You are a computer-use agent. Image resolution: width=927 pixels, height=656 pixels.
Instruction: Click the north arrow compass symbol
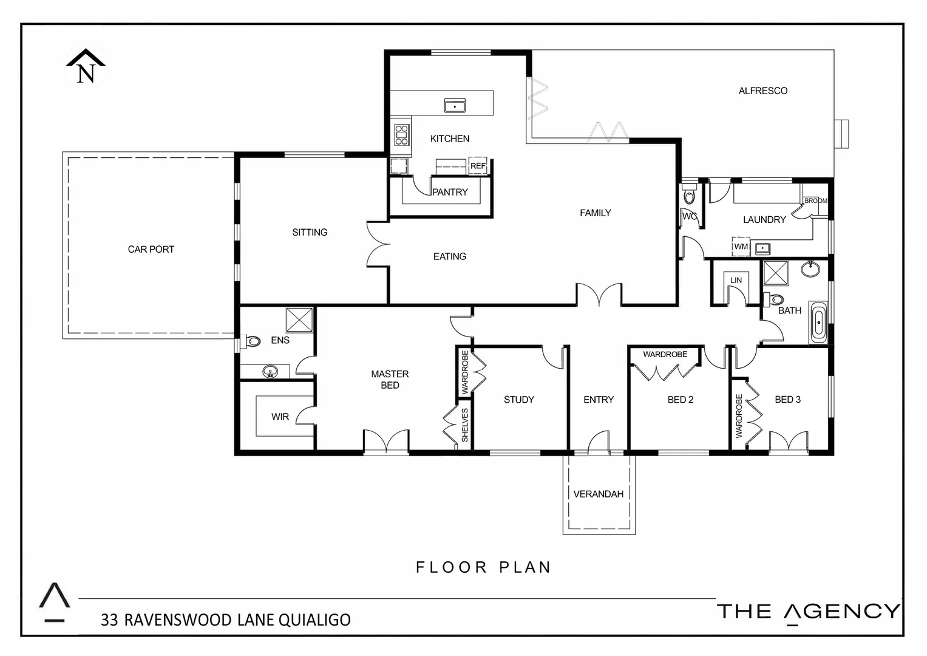coord(86,66)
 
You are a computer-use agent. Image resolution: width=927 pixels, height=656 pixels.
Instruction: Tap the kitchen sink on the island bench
coord(455,106)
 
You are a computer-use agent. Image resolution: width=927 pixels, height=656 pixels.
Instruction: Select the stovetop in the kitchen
coord(401,134)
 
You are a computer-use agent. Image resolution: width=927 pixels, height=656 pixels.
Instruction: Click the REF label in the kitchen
coord(478,166)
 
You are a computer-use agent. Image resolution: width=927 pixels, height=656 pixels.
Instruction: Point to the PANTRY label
coord(450,192)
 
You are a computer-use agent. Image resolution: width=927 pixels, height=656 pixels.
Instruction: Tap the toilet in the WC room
coord(688,195)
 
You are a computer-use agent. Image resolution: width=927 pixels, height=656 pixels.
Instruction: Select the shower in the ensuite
coord(300,319)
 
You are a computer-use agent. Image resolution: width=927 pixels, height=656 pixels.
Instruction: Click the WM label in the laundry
coord(741,247)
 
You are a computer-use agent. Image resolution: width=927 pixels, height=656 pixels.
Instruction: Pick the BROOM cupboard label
coord(815,200)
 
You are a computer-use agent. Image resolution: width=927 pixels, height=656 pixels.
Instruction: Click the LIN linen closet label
coord(736,280)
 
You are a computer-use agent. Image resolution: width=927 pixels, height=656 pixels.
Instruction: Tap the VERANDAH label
coord(599,494)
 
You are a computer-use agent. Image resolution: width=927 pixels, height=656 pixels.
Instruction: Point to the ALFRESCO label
coord(762,91)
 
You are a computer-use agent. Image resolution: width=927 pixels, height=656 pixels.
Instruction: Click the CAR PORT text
coord(151,249)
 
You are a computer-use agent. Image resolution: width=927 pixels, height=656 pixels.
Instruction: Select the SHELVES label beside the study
coord(465,425)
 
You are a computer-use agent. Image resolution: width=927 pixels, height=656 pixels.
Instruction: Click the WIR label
coord(280,417)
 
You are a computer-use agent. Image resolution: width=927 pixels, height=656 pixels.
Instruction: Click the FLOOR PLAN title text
coord(483,567)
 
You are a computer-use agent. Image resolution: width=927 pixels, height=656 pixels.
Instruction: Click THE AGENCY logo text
coord(808,611)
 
